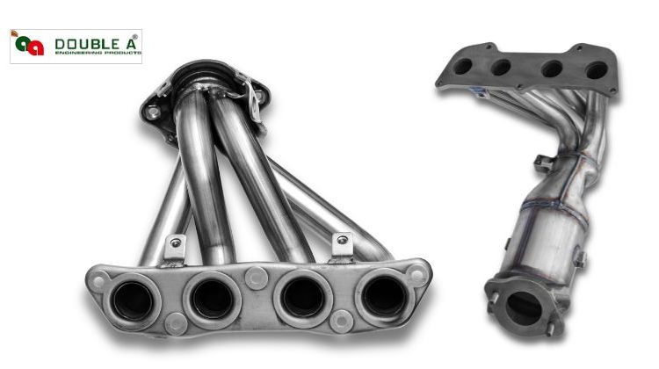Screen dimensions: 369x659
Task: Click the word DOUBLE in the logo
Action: pyautogui.click(x=80, y=42)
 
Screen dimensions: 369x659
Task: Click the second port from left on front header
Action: pyautogui.click(x=212, y=298)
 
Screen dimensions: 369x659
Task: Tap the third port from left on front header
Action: pyautogui.click(x=304, y=297)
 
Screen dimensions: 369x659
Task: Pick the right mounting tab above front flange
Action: pyautogui.click(x=341, y=243)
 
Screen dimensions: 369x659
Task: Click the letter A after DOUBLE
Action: pyautogui.click(x=121, y=42)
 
